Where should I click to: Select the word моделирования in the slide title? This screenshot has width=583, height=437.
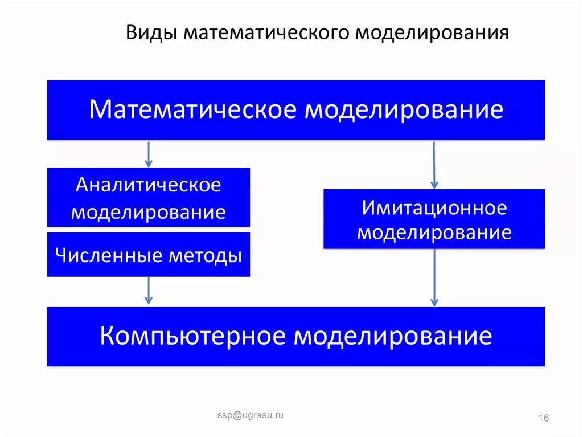click(x=433, y=33)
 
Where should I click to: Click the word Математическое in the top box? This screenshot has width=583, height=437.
click(x=193, y=109)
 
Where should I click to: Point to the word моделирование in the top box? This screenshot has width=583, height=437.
click(x=404, y=109)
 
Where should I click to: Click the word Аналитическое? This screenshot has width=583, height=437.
click(x=149, y=185)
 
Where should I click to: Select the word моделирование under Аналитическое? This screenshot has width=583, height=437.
click(x=149, y=213)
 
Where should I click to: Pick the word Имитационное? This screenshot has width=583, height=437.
click(x=434, y=207)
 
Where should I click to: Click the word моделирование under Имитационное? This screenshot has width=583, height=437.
click(x=434, y=232)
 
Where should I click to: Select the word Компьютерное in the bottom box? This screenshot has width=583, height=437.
click(x=193, y=336)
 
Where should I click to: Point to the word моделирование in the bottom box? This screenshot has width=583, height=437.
click(x=393, y=336)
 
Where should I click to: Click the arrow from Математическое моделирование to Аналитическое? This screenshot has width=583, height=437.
click(x=149, y=153)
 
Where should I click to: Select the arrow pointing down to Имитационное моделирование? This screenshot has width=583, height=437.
click(x=434, y=165)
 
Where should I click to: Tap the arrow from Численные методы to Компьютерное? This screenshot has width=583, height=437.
click(x=149, y=291)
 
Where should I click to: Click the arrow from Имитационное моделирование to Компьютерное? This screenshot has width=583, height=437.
click(x=434, y=277)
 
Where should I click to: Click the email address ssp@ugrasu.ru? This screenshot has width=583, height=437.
click(x=250, y=416)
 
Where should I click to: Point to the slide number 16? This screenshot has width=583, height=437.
click(x=543, y=419)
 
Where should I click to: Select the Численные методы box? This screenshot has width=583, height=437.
click(x=149, y=255)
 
